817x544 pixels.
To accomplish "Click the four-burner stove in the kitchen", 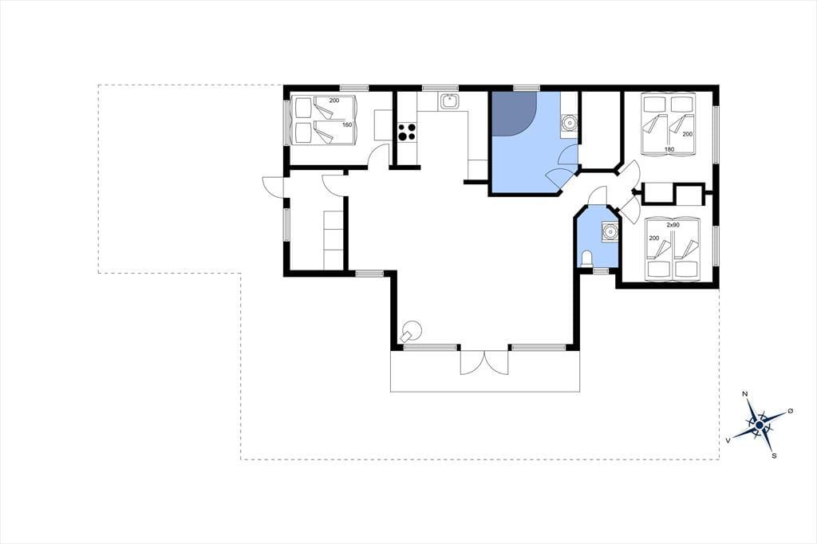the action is [407, 131].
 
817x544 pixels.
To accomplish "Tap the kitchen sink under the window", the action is [450, 101].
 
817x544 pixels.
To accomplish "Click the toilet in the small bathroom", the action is [586, 259].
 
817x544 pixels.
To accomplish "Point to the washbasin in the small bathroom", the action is [609, 231].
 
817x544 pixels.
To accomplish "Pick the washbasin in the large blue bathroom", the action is [568, 123].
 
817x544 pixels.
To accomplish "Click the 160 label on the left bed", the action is [347, 124].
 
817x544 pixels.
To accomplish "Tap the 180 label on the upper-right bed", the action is [669, 149].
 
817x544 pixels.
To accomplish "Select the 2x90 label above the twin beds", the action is [673, 225].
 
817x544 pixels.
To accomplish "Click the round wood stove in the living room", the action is [413, 329].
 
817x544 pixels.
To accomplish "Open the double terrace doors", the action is [484, 363].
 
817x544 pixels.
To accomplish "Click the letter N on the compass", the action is [745, 393].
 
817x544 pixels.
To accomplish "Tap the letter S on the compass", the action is [774, 456].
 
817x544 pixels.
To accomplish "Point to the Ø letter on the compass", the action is [791, 411].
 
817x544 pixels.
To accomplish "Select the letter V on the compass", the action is [728, 441].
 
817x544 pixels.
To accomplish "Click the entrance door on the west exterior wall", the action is [273, 187].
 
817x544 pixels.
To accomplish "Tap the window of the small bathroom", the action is [601, 271].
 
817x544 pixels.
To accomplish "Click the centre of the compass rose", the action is [760, 426].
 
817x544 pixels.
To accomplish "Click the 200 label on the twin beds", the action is [654, 238].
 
